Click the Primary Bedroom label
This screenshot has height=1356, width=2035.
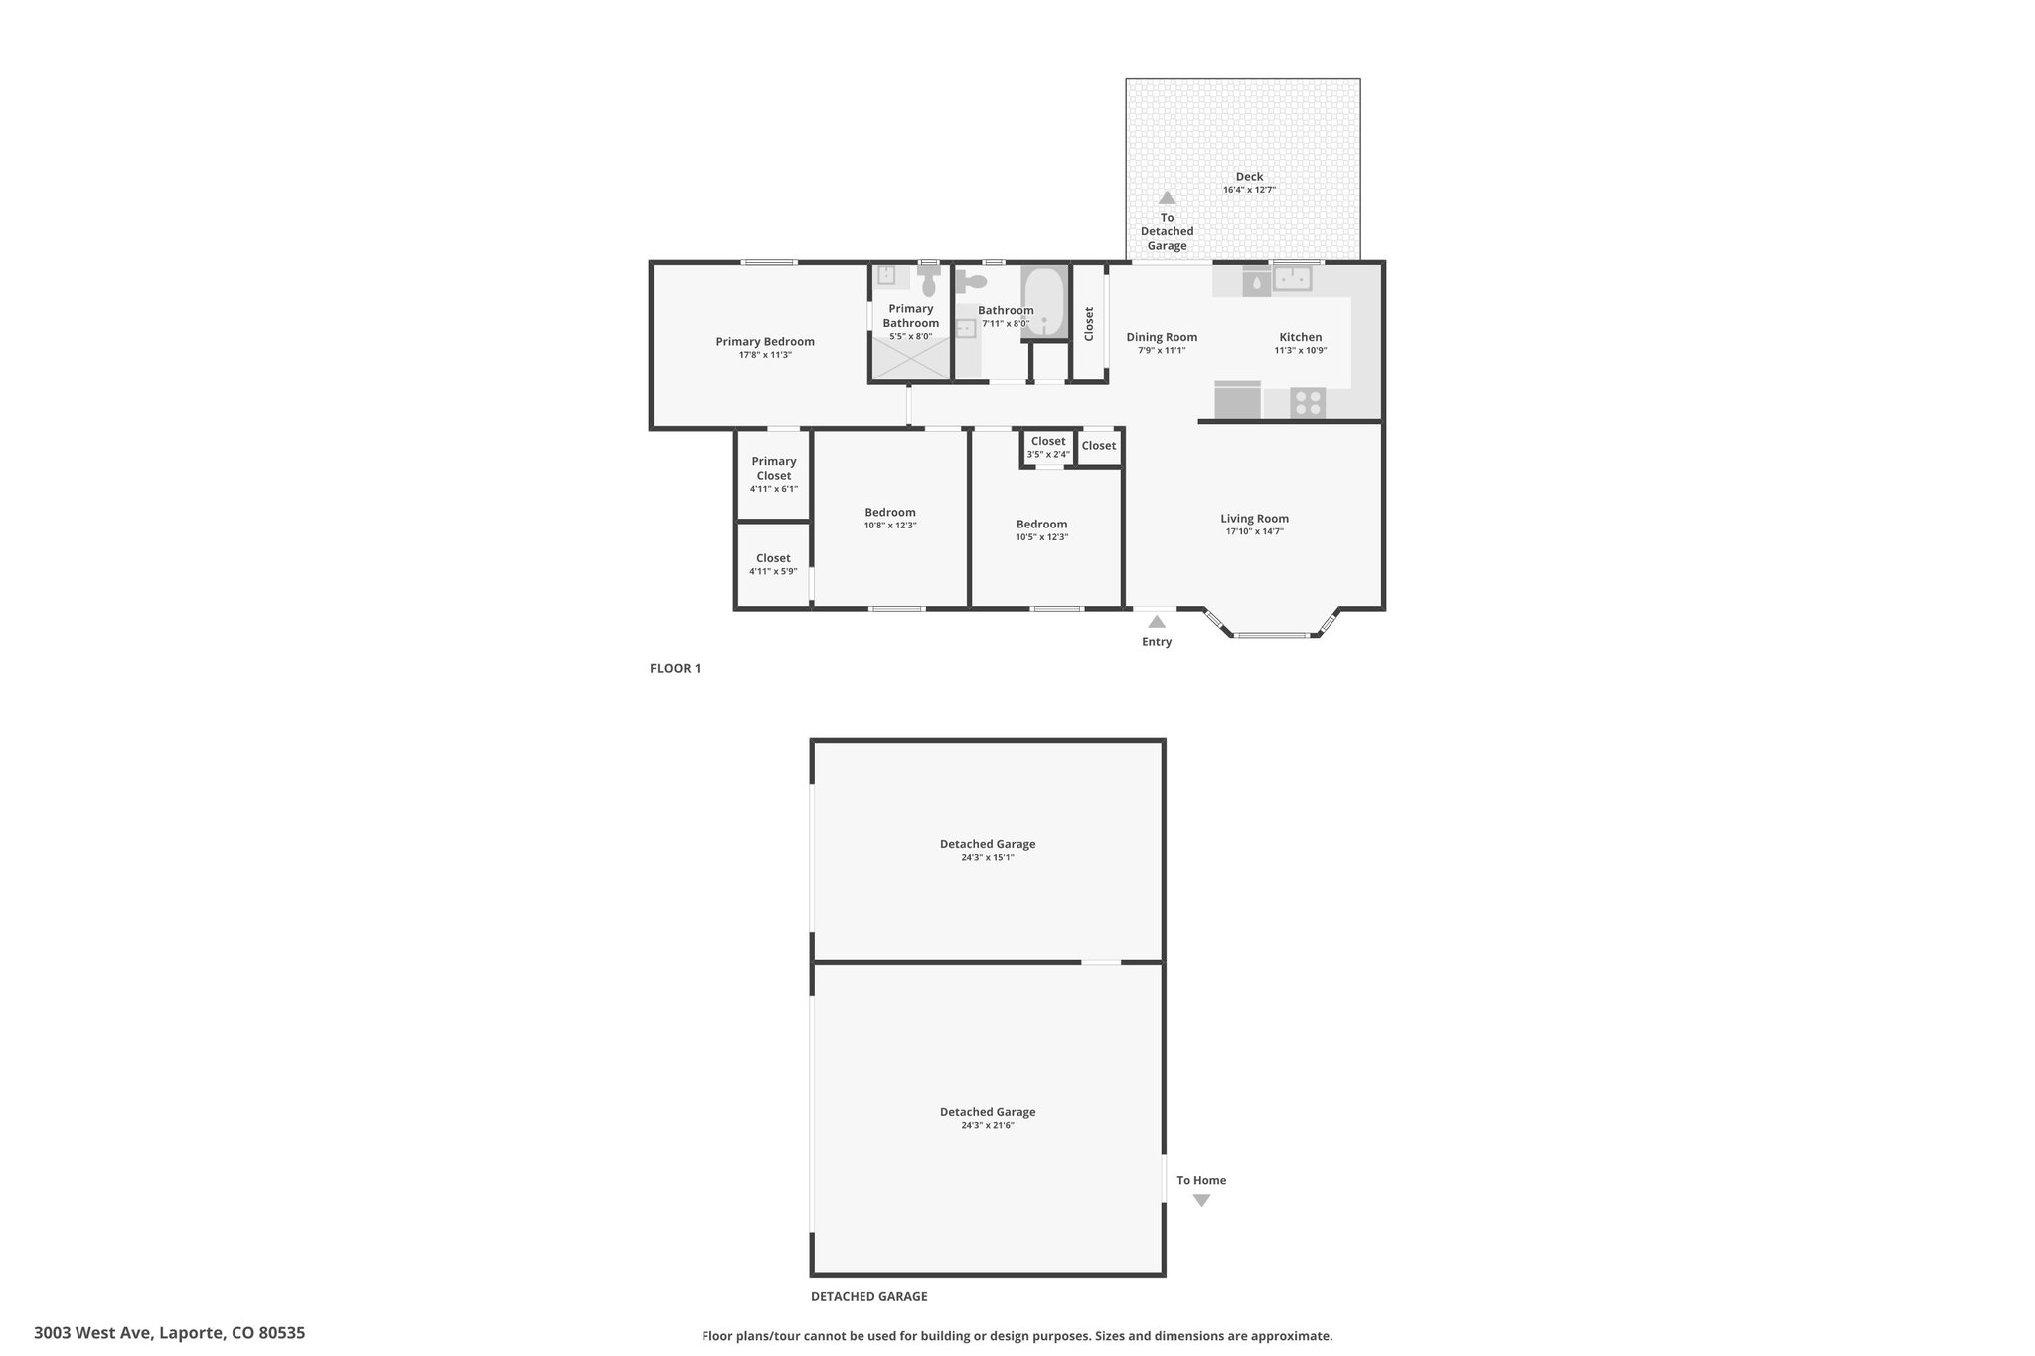tap(765, 342)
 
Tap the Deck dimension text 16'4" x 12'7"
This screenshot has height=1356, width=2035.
tap(1249, 190)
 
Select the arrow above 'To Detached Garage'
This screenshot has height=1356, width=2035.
tap(1167, 198)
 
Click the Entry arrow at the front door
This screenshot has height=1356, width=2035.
tap(1157, 622)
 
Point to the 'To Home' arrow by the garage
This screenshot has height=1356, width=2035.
tap(1201, 1200)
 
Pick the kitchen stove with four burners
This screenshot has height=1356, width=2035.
tap(1308, 403)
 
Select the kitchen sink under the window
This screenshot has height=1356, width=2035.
tap(1293, 279)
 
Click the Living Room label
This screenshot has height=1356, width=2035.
tap(1254, 519)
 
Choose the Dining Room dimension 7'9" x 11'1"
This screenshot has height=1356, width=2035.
tap(1162, 351)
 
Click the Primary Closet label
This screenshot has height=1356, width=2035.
tap(773, 468)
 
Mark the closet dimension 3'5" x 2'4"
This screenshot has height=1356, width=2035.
tap(1048, 455)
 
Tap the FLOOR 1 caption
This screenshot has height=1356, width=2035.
tap(675, 668)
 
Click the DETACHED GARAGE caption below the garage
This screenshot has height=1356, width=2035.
tap(868, 1296)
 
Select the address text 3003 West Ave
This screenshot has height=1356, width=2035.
tap(93, 1333)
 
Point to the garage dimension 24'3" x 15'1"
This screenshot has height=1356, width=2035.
tap(987, 858)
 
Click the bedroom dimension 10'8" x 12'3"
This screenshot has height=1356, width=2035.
tap(890, 526)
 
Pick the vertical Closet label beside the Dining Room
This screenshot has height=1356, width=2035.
tap(1089, 324)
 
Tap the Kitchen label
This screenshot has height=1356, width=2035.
tap(1300, 337)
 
